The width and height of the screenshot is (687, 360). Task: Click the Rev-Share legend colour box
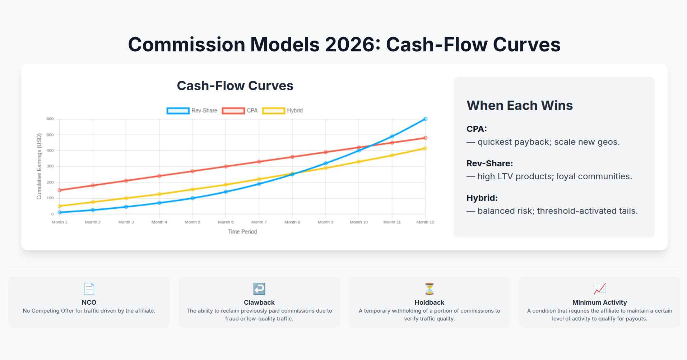[x=178, y=111]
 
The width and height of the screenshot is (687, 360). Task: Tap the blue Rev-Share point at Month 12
[x=425, y=119]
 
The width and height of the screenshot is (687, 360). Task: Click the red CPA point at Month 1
[x=60, y=190]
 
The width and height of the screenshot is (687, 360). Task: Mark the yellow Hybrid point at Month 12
[x=425, y=148]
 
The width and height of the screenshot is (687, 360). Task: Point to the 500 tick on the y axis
[x=50, y=135]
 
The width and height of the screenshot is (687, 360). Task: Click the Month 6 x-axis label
[x=226, y=222]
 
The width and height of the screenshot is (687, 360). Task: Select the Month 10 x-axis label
[x=359, y=222]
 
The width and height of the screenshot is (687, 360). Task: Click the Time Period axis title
[x=242, y=232]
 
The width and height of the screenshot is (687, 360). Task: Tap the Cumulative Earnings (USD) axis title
[x=39, y=166]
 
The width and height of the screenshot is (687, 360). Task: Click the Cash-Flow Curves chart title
[x=235, y=86]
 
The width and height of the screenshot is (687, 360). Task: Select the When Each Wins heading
[x=519, y=105]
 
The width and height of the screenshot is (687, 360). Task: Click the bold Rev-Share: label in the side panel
[x=489, y=163]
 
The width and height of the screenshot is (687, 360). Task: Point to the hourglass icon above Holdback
[x=429, y=289]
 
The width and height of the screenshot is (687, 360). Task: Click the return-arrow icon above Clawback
[x=259, y=289]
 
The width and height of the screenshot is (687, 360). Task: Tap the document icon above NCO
[x=89, y=289]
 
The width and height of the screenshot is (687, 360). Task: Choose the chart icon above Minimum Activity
[x=599, y=289]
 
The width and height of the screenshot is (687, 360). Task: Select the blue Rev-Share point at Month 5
[x=192, y=198]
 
